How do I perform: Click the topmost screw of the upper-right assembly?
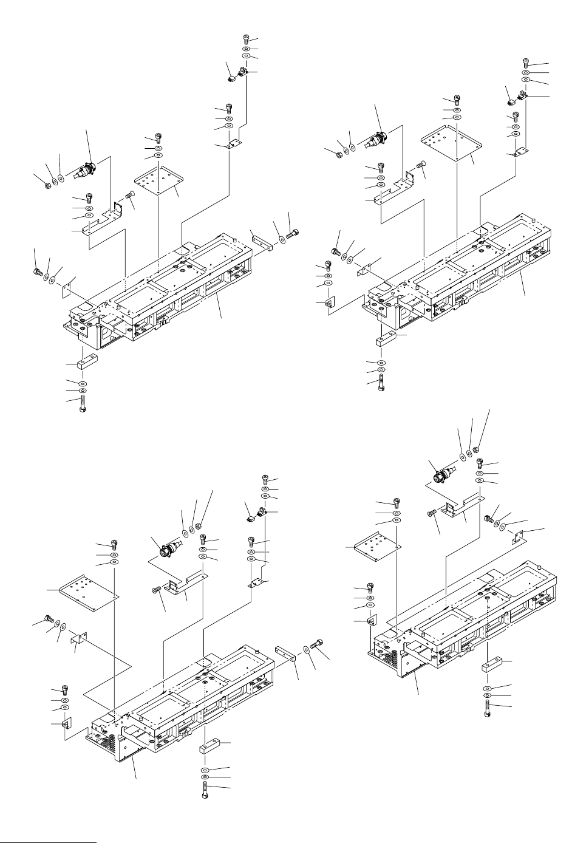[x=526, y=61]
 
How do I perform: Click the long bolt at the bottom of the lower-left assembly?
[x=205, y=788]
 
